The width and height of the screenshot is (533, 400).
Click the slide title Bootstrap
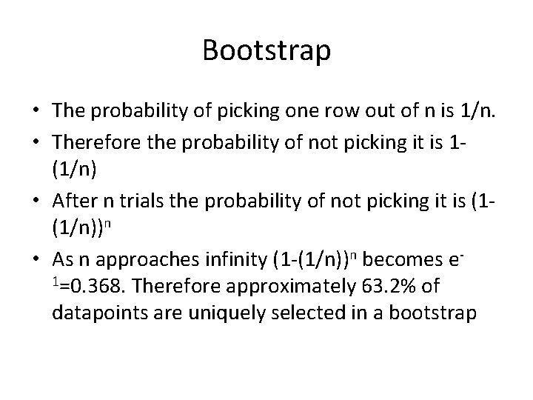[x=266, y=52]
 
